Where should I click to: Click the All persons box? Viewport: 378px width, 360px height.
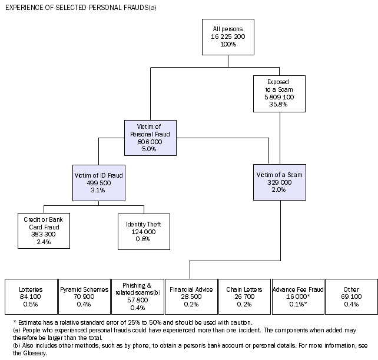(227, 36)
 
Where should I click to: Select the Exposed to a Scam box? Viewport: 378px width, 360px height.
(280, 93)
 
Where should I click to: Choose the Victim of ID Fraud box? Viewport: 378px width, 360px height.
(98, 182)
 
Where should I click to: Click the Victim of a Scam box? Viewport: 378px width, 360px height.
(280, 182)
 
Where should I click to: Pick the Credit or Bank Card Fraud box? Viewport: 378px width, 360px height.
(44, 231)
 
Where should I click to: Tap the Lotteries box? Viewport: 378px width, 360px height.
(31, 298)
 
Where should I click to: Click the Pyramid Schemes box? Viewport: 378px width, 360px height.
(84, 298)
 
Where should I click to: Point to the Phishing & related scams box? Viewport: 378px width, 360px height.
(137, 298)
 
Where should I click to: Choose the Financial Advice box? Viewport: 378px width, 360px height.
(190, 298)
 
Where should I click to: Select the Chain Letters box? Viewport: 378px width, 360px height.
(243, 298)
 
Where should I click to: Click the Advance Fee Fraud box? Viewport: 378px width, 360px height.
(297, 298)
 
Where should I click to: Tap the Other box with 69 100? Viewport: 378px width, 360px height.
(351, 298)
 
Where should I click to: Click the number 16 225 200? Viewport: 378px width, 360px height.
(227, 36)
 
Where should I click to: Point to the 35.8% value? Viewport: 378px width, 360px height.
(280, 104)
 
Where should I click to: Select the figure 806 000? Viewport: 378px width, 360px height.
(150, 142)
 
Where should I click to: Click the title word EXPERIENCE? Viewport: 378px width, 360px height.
(26, 7)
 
